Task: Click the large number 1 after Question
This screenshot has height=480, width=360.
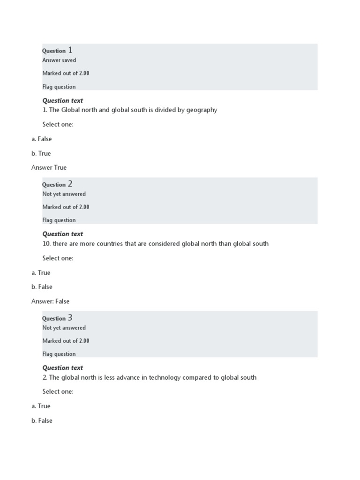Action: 70,50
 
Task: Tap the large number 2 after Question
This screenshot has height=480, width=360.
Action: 70,184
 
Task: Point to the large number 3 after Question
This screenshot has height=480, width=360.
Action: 70,317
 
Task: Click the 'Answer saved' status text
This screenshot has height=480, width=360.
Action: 59,60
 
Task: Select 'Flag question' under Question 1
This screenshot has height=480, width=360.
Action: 59,87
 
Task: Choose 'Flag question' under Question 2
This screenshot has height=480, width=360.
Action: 59,220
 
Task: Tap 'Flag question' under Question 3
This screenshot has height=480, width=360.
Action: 59,354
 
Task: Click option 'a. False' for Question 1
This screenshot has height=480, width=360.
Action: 42,139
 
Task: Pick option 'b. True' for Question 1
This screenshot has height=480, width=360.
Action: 41,153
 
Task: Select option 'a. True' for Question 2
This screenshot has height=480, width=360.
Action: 41,272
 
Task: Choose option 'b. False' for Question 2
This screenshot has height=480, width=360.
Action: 42,287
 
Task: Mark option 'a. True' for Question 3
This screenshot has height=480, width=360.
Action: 41,406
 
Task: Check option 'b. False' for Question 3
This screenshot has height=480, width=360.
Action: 42,420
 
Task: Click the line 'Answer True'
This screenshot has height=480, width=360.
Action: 49,167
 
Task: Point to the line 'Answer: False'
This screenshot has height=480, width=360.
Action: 50,301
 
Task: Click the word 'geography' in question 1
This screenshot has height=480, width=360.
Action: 202,110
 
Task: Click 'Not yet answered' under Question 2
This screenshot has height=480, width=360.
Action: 64,194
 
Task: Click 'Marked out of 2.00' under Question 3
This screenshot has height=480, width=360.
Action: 66,341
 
